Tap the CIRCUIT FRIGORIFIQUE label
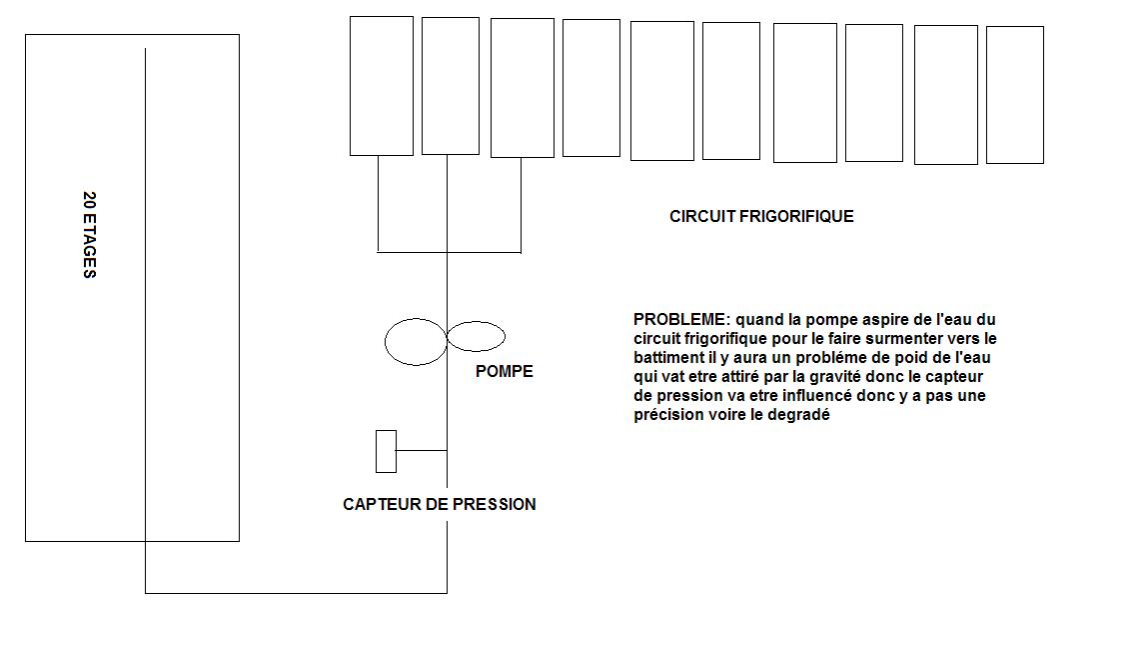pyautogui.click(x=761, y=216)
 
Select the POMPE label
pyautogui.click(x=504, y=371)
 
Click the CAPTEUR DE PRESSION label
pyautogui.click(x=439, y=504)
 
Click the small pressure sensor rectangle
pyautogui.click(x=386, y=451)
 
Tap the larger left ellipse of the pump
pyautogui.click(x=415, y=342)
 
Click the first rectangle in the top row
pyautogui.click(x=381, y=86)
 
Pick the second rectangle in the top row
pyautogui.click(x=450, y=86)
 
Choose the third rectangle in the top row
pyautogui.click(x=522, y=88)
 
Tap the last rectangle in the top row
pyautogui.click(x=1014, y=95)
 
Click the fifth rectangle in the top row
pyautogui.click(x=661, y=91)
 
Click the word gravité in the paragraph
pyautogui.click(x=838, y=377)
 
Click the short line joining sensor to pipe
pyautogui.click(x=421, y=451)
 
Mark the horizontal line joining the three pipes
pyautogui.click(x=449, y=252)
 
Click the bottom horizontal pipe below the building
pyautogui.click(x=296, y=593)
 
